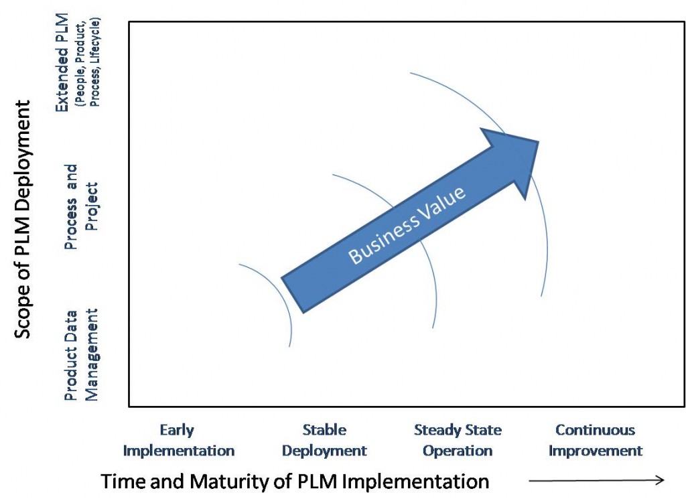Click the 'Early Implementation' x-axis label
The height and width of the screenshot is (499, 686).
[178, 441]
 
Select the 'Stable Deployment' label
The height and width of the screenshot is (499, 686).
[324, 441]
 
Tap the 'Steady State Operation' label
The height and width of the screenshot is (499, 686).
[458, 441]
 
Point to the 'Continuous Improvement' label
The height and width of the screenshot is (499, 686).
[596, 441]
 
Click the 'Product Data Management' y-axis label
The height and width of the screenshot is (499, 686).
[81, 355]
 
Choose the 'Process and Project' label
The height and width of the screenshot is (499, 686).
[81, 207]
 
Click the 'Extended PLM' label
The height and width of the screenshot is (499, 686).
[62, 62]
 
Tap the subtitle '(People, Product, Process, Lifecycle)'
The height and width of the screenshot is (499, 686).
[88, 62]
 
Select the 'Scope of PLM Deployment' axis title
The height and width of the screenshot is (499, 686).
[23, 219]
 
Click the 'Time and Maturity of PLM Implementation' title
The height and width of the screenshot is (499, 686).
[295, 482]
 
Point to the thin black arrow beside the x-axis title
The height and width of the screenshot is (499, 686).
[596, 481]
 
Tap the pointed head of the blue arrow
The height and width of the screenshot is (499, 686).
[539, 141]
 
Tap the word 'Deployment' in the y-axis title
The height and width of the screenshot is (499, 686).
[23, 148]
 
